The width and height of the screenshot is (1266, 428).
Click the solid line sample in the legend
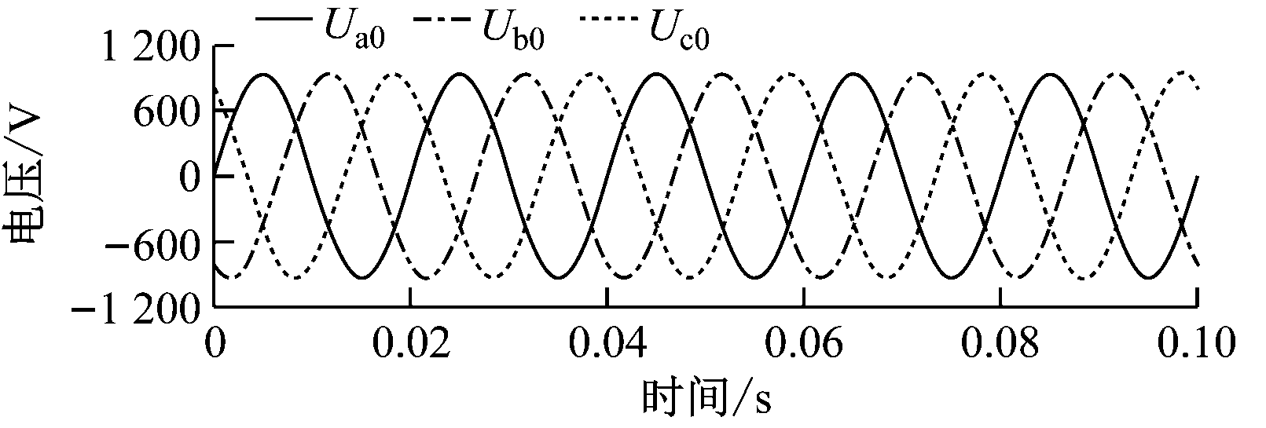click(x=284, y=20)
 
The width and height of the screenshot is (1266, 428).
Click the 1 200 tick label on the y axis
click(x=150, y=47)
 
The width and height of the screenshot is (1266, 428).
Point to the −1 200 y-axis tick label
click(x=136, y=309)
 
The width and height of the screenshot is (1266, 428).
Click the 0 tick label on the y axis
click(x=190, y=177)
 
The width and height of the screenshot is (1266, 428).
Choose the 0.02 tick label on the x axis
click(x=411, y=342)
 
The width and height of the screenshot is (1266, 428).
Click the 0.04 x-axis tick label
click(x=607, y=342)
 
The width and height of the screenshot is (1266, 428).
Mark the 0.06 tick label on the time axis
click(x=803, y=342)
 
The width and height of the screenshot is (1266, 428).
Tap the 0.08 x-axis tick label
click(x=1000, y=342)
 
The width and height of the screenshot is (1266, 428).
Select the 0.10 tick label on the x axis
click(x=1196, y=342)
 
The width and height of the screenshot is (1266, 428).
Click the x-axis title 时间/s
click(x=706, y=399)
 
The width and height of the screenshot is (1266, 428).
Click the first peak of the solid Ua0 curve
click(x=263, y=74)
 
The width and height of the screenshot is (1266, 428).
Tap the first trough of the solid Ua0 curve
click(x=361, y=277)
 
